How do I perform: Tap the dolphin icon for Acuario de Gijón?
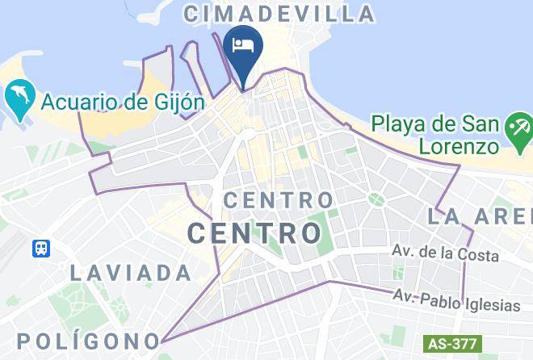pos(17,98)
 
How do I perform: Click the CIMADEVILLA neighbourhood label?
pos(280,14)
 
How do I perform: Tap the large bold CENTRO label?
pos(254,233)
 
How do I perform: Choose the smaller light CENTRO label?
pos(278,199)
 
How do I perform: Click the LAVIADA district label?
pos(130,273)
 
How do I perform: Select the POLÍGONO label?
pos(87,340)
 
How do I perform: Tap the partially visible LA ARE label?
pos(480,216)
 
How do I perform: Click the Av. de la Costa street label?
pos(445,254)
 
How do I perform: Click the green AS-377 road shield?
pos(451,343)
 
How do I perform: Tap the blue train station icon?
pos(41,248)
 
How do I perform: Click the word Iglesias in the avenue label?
pos(493,305)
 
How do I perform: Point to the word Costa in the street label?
pos(480,254)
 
